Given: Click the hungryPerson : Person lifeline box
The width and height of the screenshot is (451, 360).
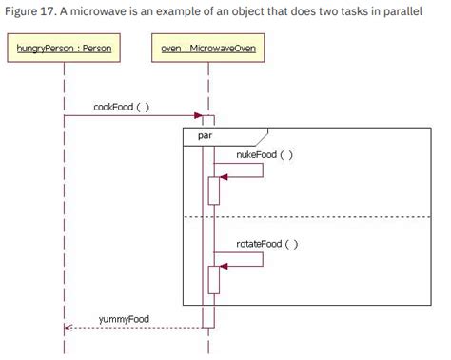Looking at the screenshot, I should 63,48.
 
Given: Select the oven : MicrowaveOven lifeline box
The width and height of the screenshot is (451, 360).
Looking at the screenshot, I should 207,48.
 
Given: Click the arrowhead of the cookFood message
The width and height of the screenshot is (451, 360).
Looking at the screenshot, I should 199,116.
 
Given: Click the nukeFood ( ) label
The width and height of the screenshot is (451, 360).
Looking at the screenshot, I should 265,153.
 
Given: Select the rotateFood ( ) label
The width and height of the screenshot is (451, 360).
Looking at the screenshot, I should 266,243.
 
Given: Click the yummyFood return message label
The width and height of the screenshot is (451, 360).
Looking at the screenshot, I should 124,317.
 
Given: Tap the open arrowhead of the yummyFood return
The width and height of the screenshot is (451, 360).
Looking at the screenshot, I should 68,329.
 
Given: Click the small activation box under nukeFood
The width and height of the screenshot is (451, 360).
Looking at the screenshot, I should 214,190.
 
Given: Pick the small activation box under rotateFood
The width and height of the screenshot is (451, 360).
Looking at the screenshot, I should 214,279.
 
